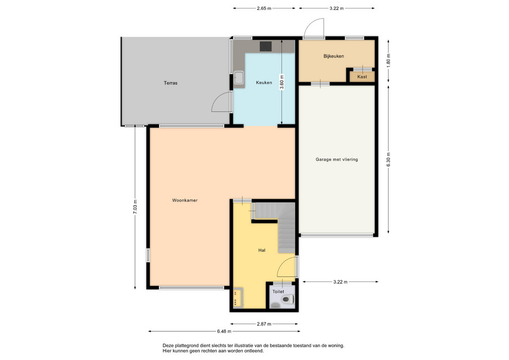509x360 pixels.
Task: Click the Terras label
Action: [x=170, y=83]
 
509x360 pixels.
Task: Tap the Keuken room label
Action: [x=264, y=83]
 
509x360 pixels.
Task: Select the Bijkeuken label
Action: [x=334, y=56]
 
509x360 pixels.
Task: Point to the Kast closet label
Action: [x=362, y=76]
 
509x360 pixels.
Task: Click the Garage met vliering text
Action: [x=337, y=160]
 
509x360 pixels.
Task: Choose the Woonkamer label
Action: [x=185, y=200]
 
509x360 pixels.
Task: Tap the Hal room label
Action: [x=261, y=250]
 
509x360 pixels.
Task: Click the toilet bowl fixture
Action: [x=288, y=299]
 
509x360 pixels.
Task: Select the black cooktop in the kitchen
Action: [x=266, y=47]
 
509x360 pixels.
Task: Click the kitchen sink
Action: [x=240, y=77]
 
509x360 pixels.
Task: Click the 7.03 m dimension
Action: [x=135, y=206]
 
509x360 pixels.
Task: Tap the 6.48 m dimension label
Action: [x=224, y=331]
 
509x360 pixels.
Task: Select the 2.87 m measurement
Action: [x=264, y=323]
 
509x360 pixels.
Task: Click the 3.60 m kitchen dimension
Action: [x=282, y=82]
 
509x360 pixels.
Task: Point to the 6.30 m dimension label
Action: [x=388, y=160]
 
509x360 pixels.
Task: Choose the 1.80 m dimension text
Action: [x=388, y=60]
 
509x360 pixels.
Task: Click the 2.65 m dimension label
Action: [x=264, y=8]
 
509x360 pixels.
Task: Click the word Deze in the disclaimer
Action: [x=168, y=346]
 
